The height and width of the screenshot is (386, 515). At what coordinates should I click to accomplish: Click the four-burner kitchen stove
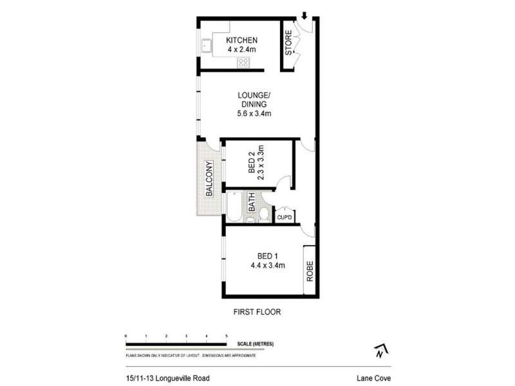pyautogui.click(x=244, y=62)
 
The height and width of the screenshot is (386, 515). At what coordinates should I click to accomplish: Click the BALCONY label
pyautogui.click(x=209, y=178)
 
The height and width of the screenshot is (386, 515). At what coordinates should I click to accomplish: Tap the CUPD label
pyautogui.click(x=285, y=217)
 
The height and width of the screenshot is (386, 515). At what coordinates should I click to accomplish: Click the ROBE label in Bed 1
pyautogui.click(x=309, y=270)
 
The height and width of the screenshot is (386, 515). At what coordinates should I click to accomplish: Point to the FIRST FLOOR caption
pyautogui.click(x=257, y=312)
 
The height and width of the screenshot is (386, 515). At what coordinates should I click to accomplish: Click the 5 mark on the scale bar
pyautogui.click(x=227, y=336)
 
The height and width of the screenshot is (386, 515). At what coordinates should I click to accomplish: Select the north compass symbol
pyautogui.click(x=380, y=351)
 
